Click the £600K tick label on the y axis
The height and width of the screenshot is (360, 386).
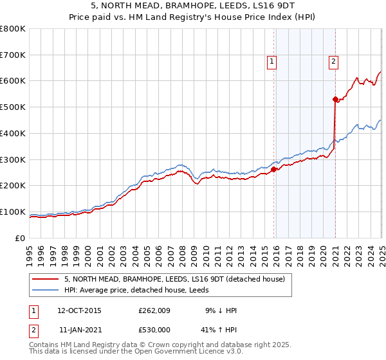pyautogui.click(x=13, y=81)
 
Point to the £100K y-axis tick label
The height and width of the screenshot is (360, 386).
pyautogui.click(x=13, y=212)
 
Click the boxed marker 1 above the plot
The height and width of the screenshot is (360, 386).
pyautogui.click(x=272, y=62)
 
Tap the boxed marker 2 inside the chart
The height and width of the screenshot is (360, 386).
pyautogui.click(x=334, y=62)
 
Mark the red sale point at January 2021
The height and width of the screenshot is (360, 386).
pyautogui.click(x=335, y=99)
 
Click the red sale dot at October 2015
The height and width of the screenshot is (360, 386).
pyautogui.click(x=273, y=170)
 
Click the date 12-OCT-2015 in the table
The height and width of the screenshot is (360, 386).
pyautogui.click(x=79, y=310)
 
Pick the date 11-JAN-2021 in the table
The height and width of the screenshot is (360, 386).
pyautogui.click(x=79, y=328)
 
